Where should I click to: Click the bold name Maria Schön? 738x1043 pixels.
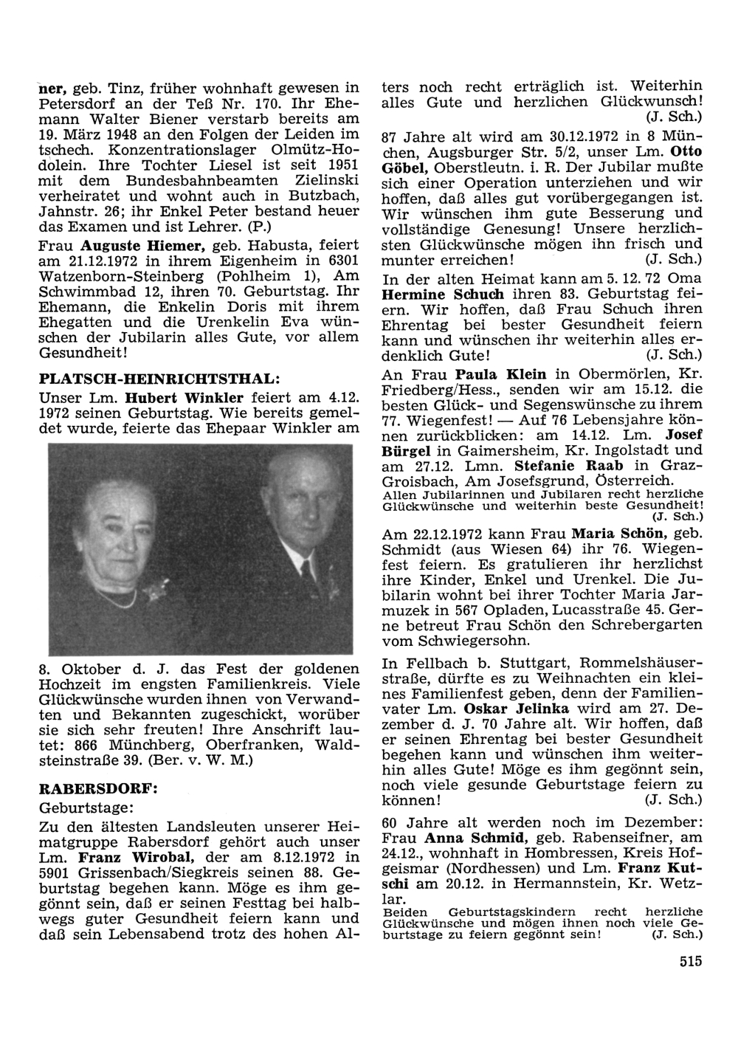(614, 532)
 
